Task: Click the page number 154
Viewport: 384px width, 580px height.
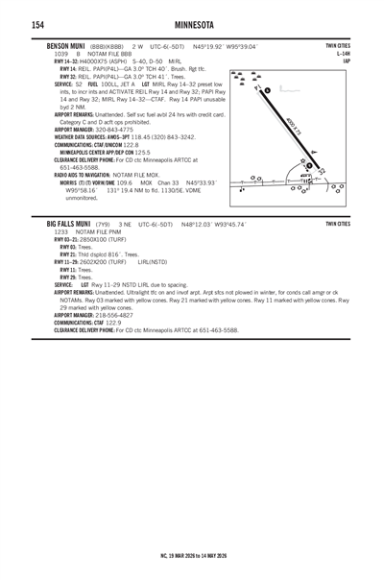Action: (x=12, y=23)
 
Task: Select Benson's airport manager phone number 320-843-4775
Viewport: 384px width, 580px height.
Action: (x=120, y=131)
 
